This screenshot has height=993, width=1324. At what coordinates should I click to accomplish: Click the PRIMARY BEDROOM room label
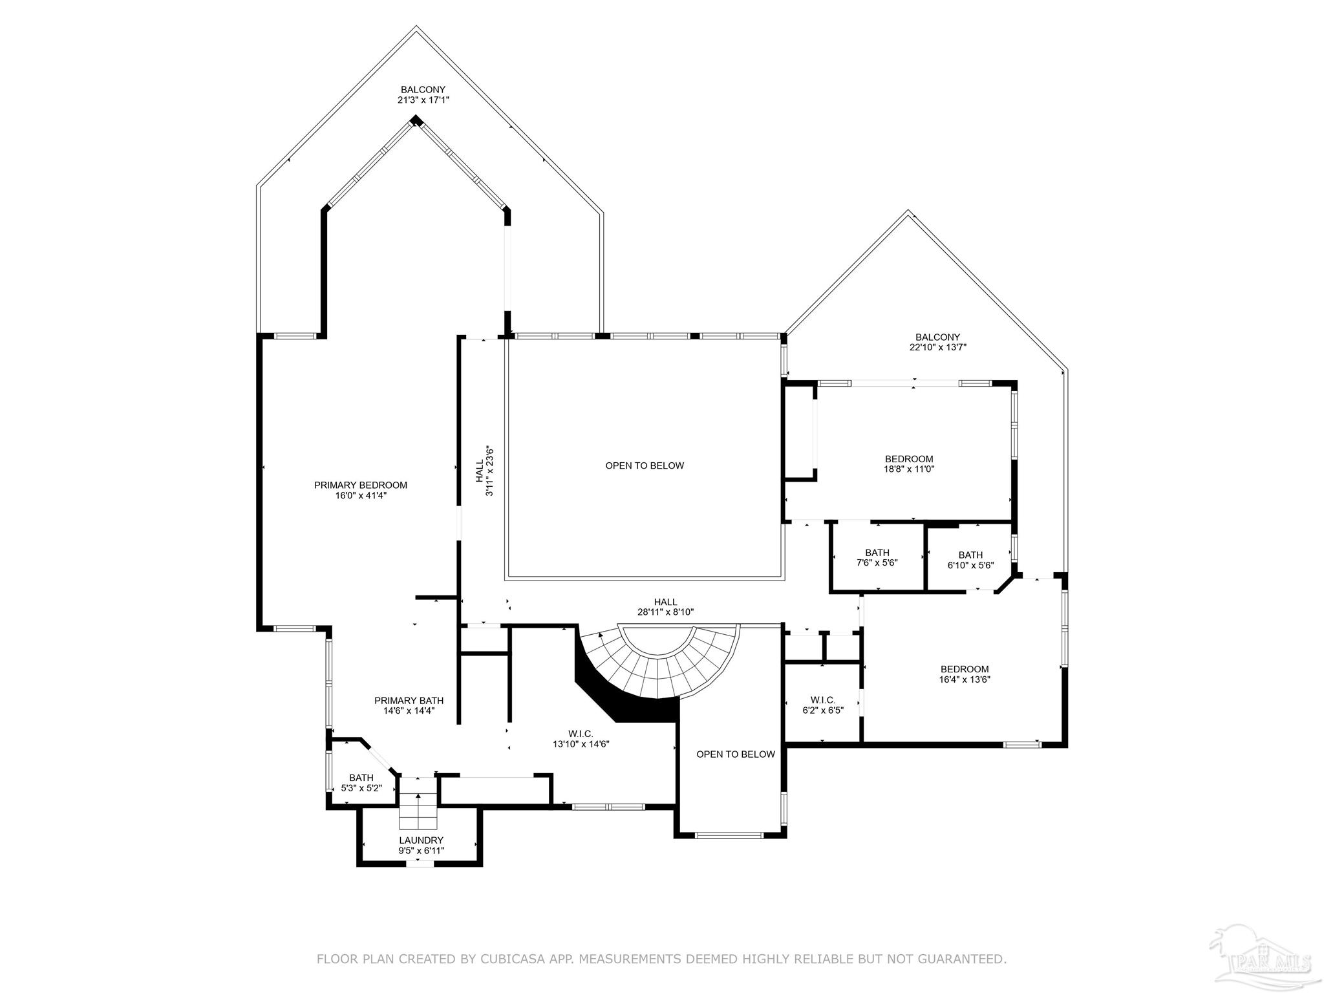point(360,485)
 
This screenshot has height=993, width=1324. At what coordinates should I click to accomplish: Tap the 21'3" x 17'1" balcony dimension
point(423,100)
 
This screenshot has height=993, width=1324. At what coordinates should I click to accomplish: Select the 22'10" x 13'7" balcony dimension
point(937,347)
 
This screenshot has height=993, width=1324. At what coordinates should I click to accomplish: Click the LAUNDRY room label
point(421,840)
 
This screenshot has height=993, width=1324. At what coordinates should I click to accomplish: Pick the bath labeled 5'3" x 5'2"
point(361,783)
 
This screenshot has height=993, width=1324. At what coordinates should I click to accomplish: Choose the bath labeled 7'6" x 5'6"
point(877,557)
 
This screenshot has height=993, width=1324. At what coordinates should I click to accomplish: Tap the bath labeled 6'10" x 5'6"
point(970,560)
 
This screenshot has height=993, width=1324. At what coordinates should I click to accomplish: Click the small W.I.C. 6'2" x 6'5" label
point(822,705)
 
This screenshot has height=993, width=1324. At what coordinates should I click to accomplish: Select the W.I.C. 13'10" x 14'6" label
point(581,738)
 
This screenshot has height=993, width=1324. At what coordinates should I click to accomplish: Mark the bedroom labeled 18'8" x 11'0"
point(909,464)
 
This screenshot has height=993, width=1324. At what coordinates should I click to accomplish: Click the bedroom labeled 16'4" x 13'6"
point(965,674)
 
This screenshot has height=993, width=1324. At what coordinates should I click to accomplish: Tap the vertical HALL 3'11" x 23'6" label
point(484,471)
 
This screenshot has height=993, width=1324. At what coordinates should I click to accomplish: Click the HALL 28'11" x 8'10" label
point(665,606)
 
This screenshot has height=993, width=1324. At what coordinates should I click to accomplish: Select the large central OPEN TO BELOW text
point(644,465)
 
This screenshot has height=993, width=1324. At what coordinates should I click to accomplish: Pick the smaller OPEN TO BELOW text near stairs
point(735,754)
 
